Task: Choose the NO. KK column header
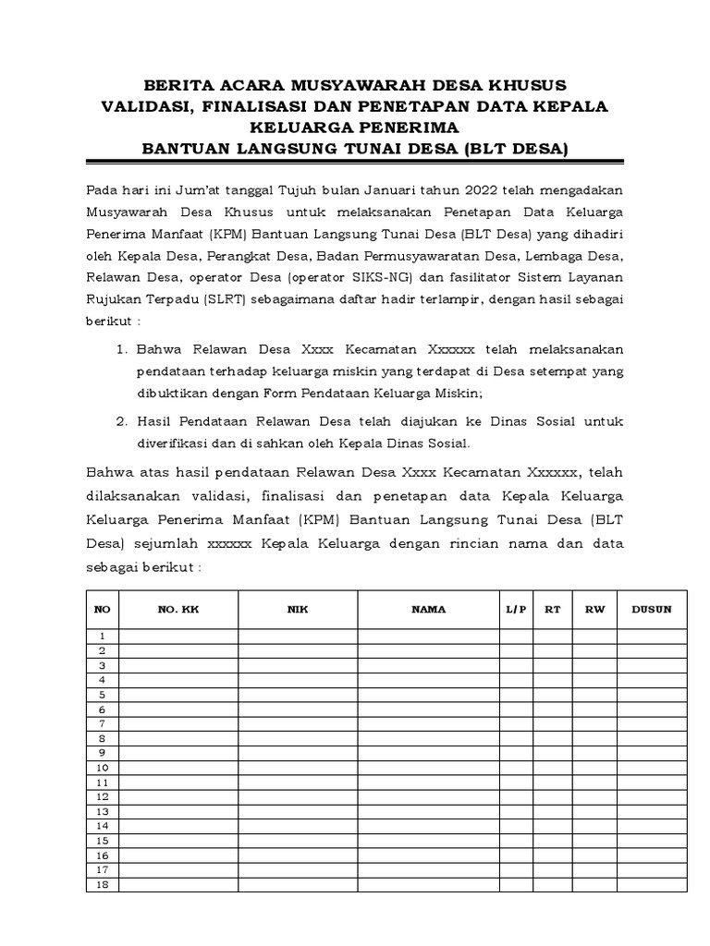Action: click(178, 610)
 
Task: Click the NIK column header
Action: click(298, 610)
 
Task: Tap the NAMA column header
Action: click(429, 610)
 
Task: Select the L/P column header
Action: click(516, 610)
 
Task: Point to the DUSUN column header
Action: click(652, 610)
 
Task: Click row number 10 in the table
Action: click(103, 768)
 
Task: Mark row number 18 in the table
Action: click(103, 885)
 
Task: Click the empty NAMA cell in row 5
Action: click(429, 695)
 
